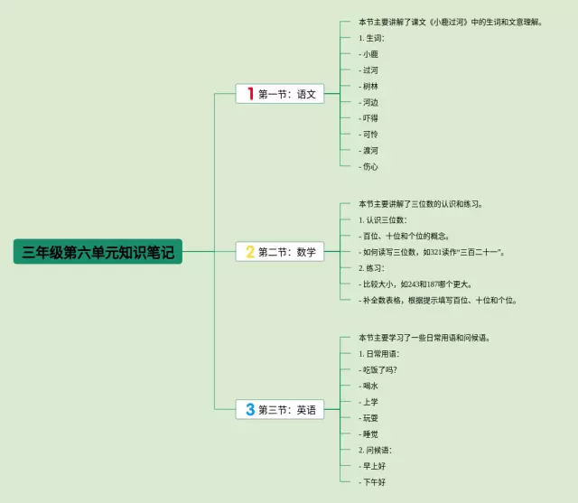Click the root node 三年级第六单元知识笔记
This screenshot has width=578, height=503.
[x=98, y=252]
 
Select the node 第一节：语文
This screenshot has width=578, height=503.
[x=279, y=94]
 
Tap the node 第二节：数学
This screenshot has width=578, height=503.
[x=279, y=252]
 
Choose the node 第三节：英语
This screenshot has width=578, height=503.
[x=279, y=410]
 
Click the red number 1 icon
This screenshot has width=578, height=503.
[x=249, y=94]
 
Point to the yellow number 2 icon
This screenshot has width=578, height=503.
[x=250, y=252]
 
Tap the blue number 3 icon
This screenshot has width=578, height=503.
[x=250, y=410]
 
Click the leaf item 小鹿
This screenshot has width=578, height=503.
[x=369, y=54]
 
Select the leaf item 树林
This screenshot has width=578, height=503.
[x=369, y=86]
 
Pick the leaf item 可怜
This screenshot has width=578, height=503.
[x=369, y=134]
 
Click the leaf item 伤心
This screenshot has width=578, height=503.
[x=369, y=166]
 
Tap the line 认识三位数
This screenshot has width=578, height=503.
[x=383, y=219]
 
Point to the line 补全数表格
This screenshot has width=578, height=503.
[x=437, y=300]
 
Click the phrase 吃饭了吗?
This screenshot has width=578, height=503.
[x=378, y=370]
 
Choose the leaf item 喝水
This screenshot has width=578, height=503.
[x=369, y=386]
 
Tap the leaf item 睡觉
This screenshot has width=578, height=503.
[x=369, y=433]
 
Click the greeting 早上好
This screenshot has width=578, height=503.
[x=372, y=466]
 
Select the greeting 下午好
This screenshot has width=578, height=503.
[x=372, y=482]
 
